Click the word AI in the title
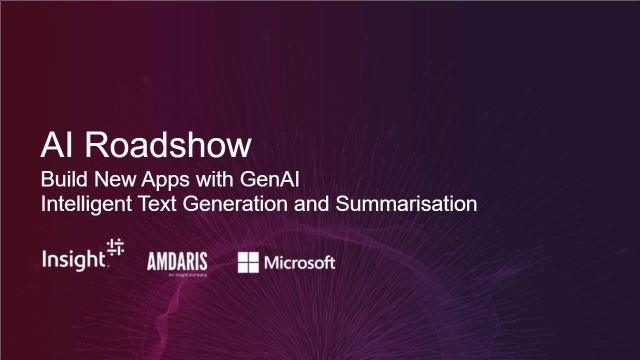[55, 145]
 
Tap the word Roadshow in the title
[166, 145]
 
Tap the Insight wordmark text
[73, 260]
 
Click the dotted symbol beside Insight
[116, 251]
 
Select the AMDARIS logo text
[177, 260]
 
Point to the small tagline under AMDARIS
[177, 273]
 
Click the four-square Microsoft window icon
[248, 263]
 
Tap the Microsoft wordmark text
[299, 263]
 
